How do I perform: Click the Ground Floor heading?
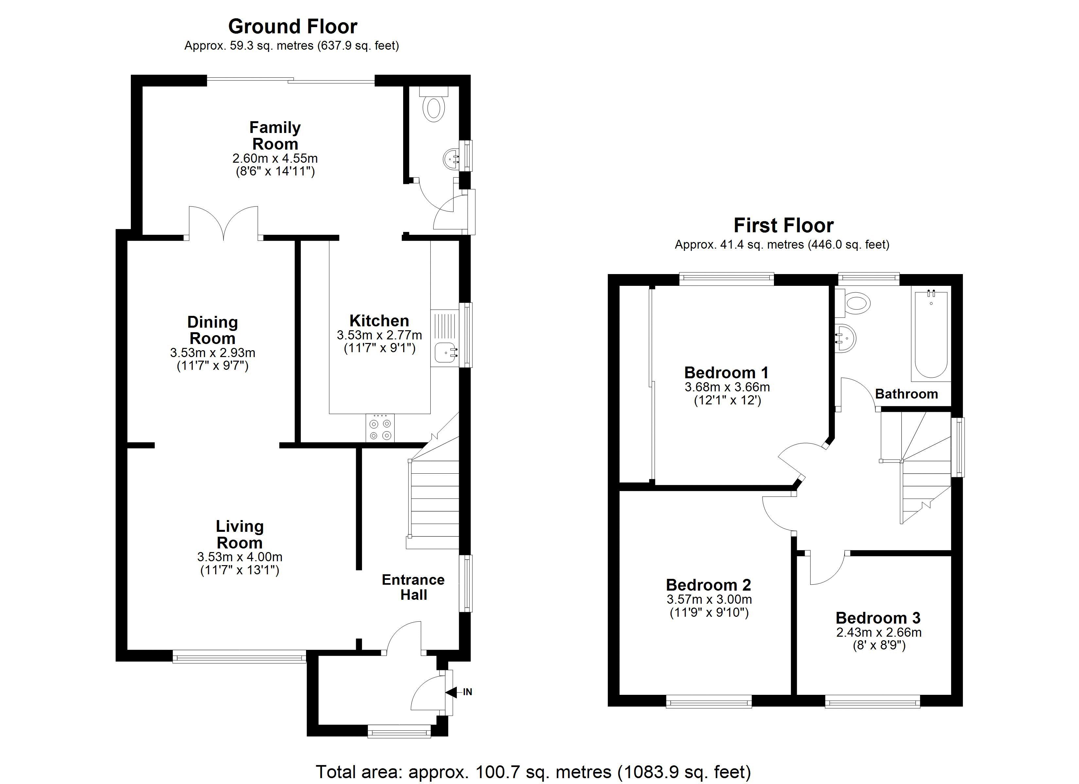[293, 27]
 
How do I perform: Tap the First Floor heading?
[783, 225]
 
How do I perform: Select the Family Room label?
[275, 136]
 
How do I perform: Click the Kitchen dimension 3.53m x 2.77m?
[379, 335]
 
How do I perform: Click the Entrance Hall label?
[413, 587]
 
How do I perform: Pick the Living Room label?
[239, 534]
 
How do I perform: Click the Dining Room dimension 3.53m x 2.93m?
[213, 353]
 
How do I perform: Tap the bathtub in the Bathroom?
[930, 335]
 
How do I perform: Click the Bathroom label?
[906, 394]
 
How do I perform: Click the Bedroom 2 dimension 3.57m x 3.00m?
[709, 599]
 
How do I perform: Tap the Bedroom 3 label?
[878, 618]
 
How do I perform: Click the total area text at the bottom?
[533, 772]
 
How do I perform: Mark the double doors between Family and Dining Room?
[224, 223]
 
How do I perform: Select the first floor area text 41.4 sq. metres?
[782, 245]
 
